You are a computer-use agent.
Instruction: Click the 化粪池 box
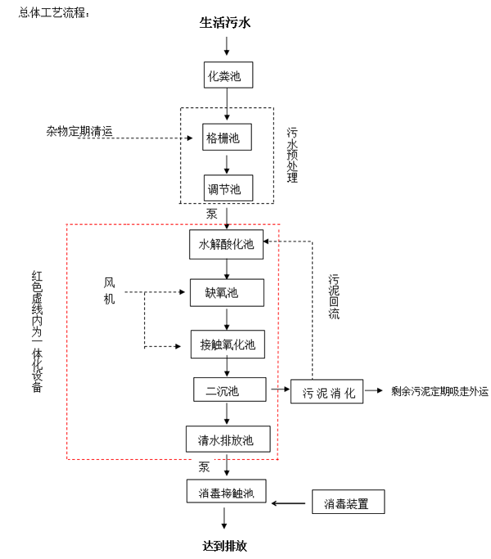tap(227, 76)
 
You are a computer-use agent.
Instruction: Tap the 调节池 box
tap(227, 188)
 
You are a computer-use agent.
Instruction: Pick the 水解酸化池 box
tap(227, 244)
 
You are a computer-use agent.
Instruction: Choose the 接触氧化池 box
tap(227, 344)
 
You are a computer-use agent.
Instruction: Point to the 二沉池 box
tap(230, 390)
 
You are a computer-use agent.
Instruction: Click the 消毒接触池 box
tap(227, 491)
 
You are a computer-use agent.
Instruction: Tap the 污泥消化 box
tap(327, 391)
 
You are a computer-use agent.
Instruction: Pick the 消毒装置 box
tap(348, 503)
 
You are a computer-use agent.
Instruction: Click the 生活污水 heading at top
tap(225, 22)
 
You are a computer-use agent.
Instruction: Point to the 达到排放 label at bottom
tap(224, 545)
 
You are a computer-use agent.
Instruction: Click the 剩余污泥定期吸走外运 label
tap(439, 391)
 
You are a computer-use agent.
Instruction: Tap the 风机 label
tap(110, 291)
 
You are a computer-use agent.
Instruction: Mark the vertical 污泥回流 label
tap(334, 295)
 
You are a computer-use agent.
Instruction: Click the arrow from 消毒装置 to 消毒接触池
tap(290, 503)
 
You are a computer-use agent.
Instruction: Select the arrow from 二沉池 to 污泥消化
tap(278, 391)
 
